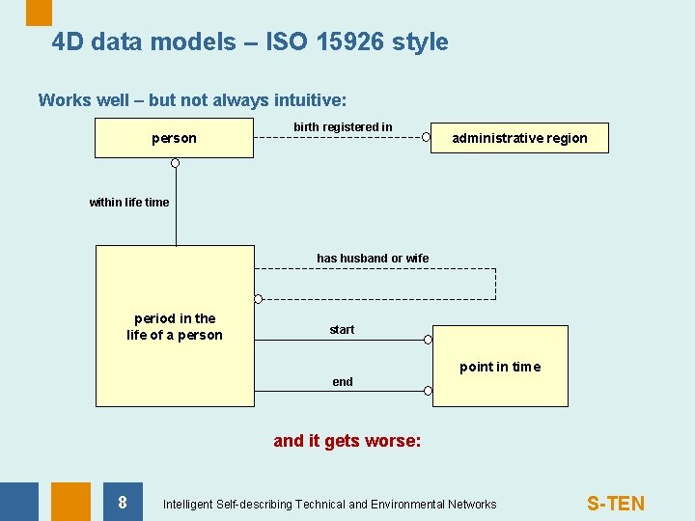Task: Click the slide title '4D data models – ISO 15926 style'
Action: pos(250,42)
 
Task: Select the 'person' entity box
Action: pos(174,138)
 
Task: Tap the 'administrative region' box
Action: pos(519,138)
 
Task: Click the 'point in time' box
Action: pos(500,367)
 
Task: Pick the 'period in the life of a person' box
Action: pos(175,326)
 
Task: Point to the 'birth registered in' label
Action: pos(343,127)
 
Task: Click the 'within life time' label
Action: pos(128,203)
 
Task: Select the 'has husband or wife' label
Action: pos(373,259)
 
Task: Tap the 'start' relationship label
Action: pos(342,330)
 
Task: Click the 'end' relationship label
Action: pos(343,382)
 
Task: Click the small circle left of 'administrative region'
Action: pos(427,137)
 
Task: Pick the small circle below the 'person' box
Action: pos(176,163)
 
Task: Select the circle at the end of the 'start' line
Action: pos(429,340)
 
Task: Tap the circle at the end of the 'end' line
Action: pos(429,392)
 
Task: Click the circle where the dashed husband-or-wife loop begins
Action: pos(258,299)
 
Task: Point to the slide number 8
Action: pos(122,502)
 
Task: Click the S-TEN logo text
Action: pos(616,503)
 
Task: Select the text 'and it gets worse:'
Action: pos(347,441)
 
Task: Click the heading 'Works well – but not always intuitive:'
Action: pos(192,100)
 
